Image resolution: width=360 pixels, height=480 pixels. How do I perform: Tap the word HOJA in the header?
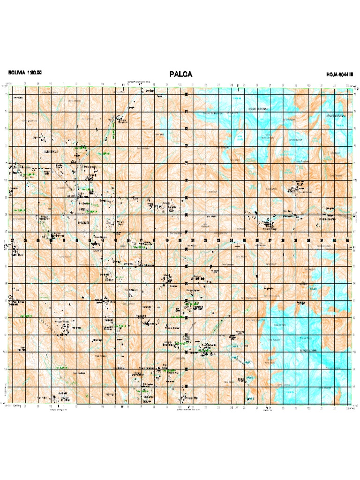tap(333, 74)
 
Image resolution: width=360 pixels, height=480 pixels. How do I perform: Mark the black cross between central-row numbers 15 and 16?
tap(122, 245)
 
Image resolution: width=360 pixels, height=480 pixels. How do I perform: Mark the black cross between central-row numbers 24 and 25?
tap(238, 245)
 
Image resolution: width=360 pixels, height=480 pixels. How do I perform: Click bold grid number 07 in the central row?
tap(13, 241)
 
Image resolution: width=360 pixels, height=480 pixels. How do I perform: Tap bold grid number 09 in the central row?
tap(38, 241)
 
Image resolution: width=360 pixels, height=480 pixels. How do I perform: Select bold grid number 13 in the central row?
tap(90, 241)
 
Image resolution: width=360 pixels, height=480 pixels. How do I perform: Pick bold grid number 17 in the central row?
tap(141, 241)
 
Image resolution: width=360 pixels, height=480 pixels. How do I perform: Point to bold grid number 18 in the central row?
tap(154, 241)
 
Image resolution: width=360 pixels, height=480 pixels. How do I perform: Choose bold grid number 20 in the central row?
tap(180, 241)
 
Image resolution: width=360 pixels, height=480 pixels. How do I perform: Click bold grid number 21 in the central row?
tap(193, 241)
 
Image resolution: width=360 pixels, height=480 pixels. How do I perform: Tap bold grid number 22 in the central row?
tap(206, 241)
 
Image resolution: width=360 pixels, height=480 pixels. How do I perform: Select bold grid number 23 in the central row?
tap(218, 241)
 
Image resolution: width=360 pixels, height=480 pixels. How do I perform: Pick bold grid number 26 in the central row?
tap(257, 241)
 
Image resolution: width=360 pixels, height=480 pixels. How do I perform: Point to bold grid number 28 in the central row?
tap(283, 241)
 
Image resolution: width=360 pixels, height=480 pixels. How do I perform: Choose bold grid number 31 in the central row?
tap(322, 241)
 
